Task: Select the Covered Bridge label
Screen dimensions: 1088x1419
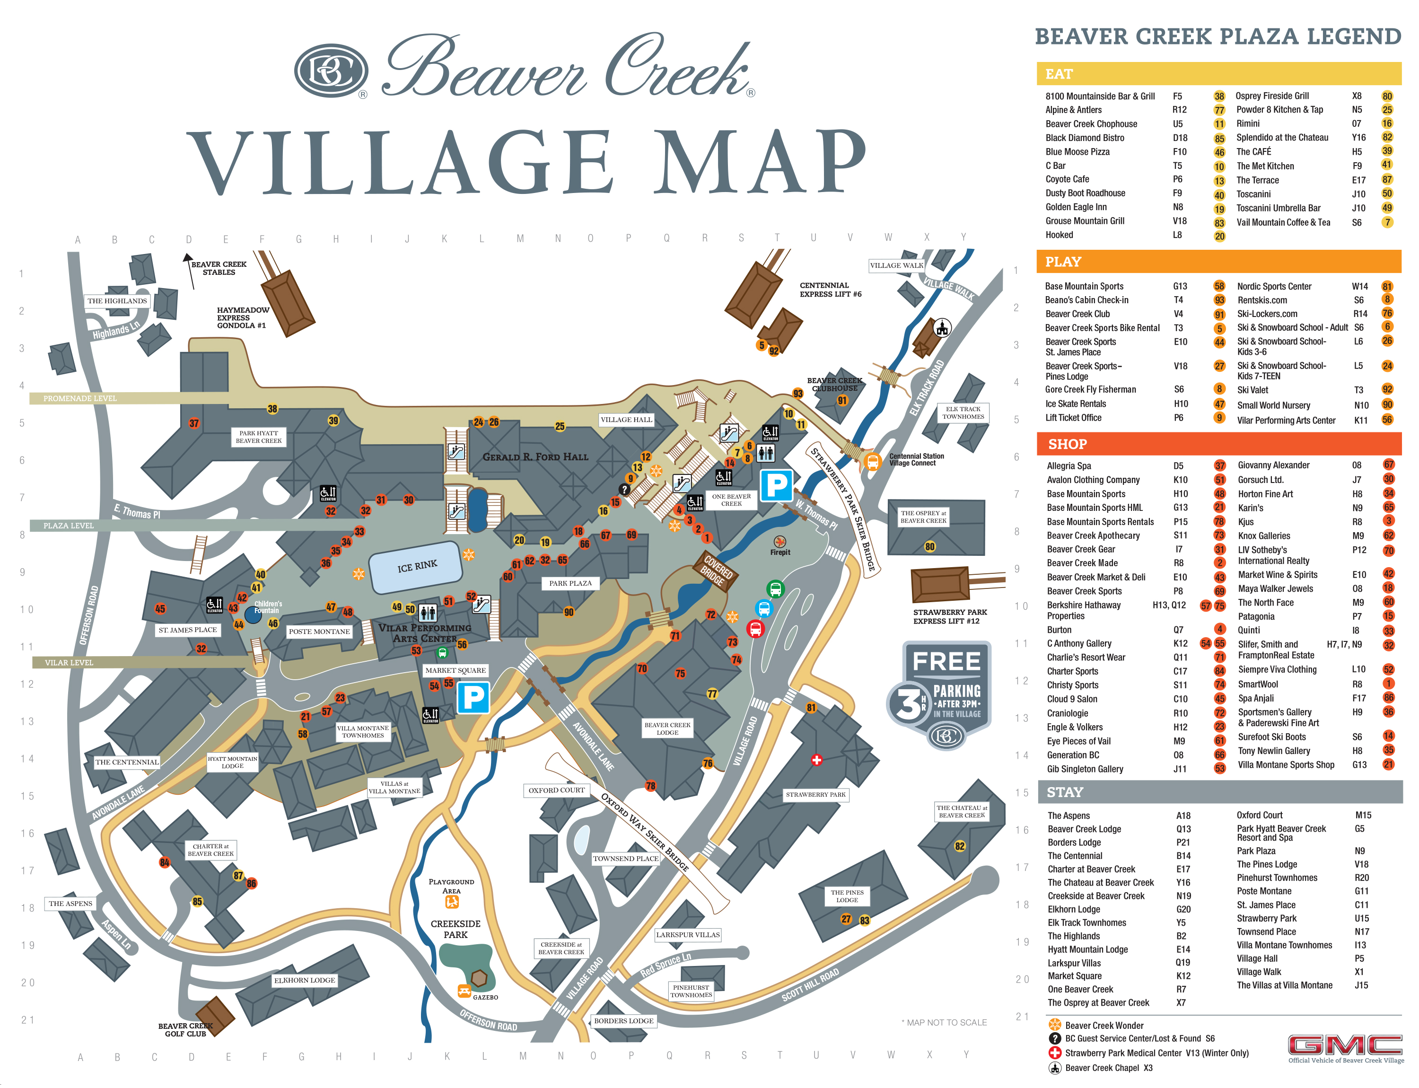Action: tap(716, 570)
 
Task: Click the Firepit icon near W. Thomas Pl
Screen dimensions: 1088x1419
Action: tap(780, 542)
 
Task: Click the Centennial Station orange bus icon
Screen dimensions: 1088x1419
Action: tap(872, 462)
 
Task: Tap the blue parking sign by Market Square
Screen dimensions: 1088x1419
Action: tap(473, 697)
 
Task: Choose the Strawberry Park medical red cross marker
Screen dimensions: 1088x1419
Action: tap(817, 760)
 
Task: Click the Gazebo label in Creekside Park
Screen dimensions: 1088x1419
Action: tap(485, 997)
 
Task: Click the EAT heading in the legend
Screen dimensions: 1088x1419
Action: tap(1059, 74)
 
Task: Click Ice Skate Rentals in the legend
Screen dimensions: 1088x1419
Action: tap(1075, 404)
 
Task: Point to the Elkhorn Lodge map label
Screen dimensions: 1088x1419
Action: tap(305, 981)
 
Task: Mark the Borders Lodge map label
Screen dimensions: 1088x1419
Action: tap(624, 1021)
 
